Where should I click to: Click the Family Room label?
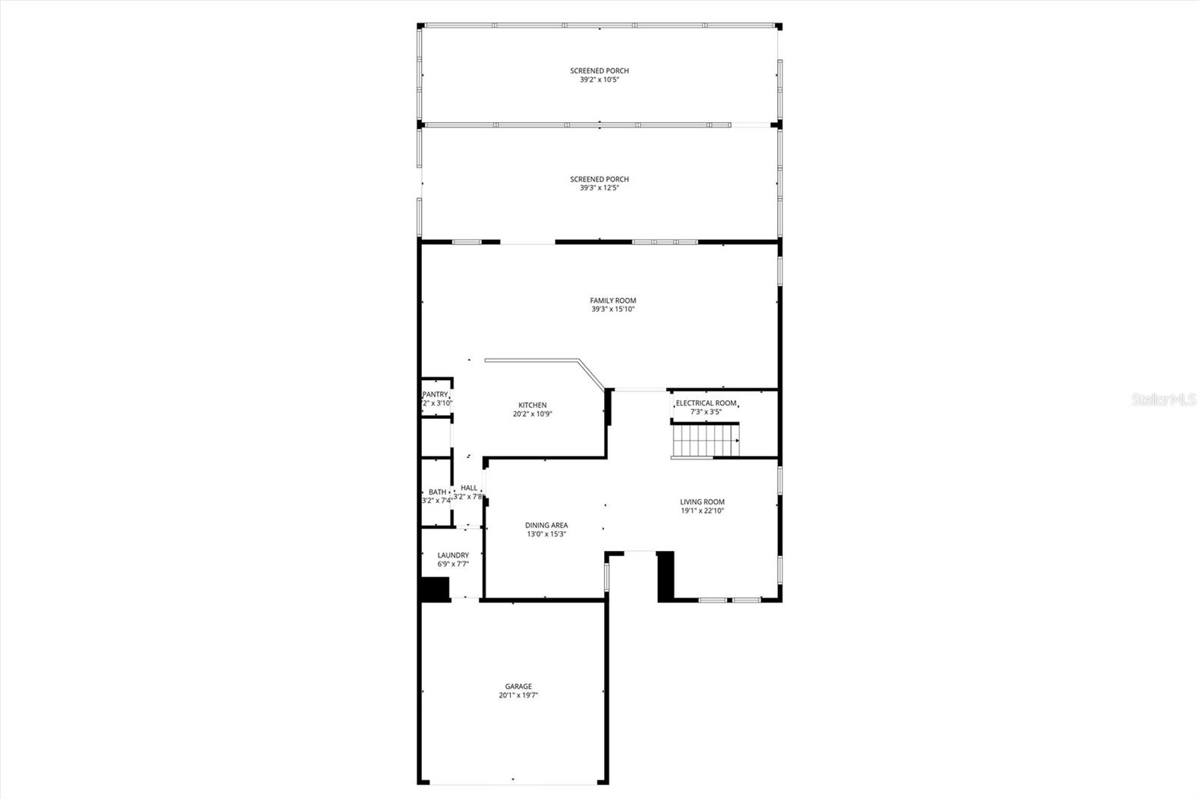[x=612, y=301]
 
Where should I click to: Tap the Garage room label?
[x=518, y=687]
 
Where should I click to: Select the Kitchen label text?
[x=533, y=405]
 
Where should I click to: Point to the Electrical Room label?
[x=706, y=403]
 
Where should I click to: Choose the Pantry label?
[x=435, y=395]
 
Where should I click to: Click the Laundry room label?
[x=453, y=555]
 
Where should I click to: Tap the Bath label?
[x=438, y=492]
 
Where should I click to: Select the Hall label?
[x=469, y=488]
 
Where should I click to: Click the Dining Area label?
[x=546, y=525]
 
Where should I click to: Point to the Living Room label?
[x=702, y=502]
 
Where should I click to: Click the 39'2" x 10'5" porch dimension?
[x=599, y=79]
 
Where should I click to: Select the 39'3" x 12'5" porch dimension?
[x=599, y=188]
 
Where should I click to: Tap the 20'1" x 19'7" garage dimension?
[x=519, y=696]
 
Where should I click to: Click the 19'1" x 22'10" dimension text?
[x=702, y=511]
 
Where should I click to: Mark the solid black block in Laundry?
[x=435, y=588]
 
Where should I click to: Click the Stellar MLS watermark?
[x=1164, y=400]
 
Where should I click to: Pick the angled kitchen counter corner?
[x=579, y=362]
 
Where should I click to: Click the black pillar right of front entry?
[x=665, y=576]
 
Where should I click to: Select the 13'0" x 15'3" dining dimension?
[x=546, y=534]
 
